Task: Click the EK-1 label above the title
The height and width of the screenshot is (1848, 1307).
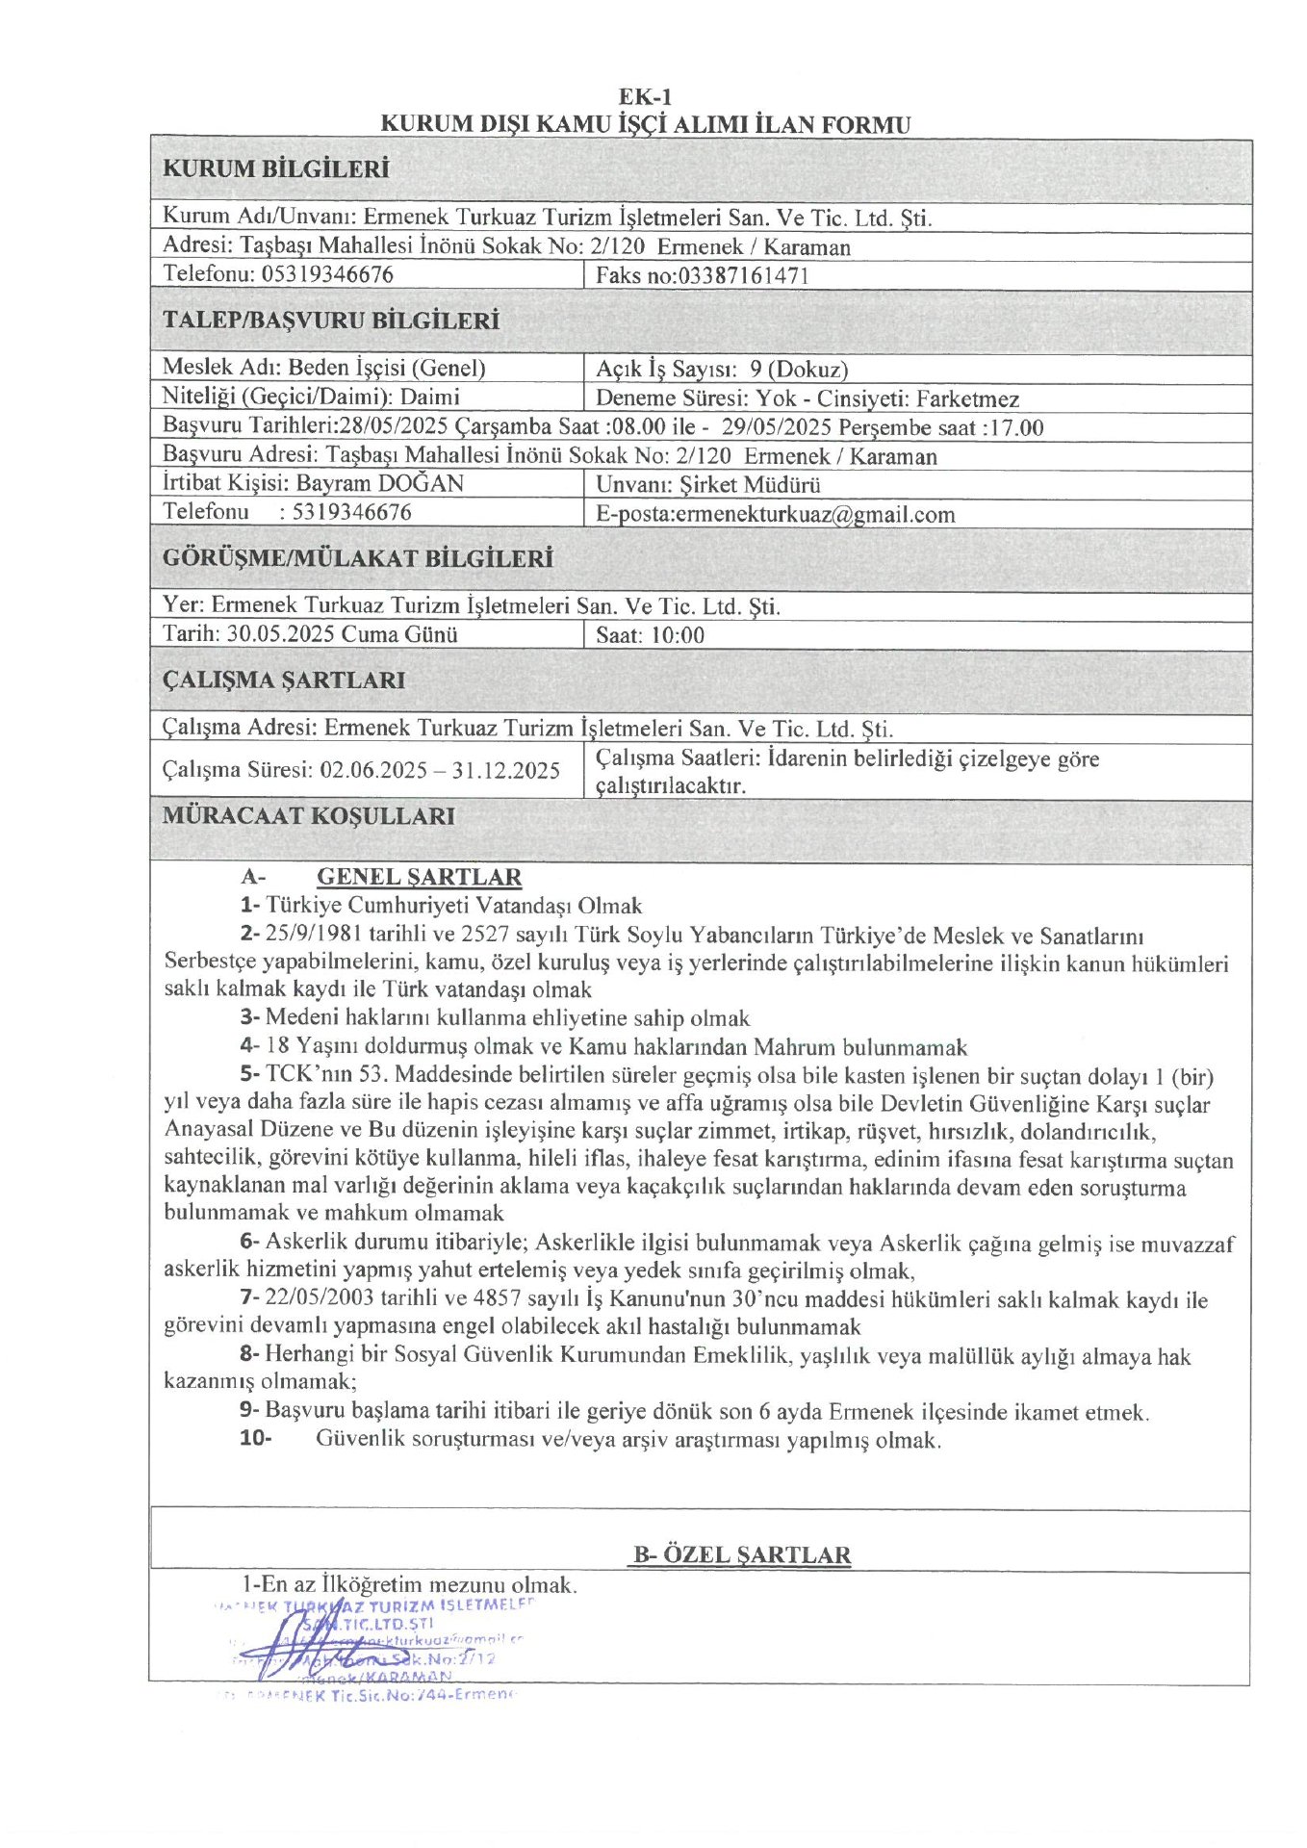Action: click(645, 96)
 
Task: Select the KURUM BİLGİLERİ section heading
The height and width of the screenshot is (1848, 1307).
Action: click(275, 169)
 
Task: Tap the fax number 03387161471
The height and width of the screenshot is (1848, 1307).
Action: click(744, 276)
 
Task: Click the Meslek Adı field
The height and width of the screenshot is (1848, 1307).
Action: click(323, 368)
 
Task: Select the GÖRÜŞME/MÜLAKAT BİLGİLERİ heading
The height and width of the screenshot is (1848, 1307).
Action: click(357, 558)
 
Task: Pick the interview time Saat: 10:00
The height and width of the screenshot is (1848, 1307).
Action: click(650, 635)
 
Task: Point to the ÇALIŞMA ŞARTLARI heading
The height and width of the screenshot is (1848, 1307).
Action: click(283, 680)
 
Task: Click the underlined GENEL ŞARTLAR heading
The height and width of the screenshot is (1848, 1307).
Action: click(419, 877)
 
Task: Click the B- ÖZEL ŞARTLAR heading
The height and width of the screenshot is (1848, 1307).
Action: click(741, 1555)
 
